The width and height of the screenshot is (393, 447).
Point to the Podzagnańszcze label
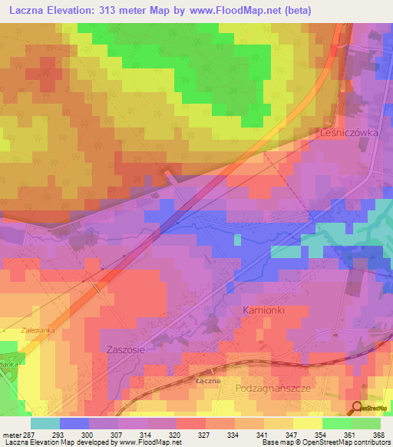click(277, 389)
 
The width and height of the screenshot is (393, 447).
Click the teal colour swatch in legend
click(45, 423)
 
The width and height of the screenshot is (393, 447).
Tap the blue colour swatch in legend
click(74, 423)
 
